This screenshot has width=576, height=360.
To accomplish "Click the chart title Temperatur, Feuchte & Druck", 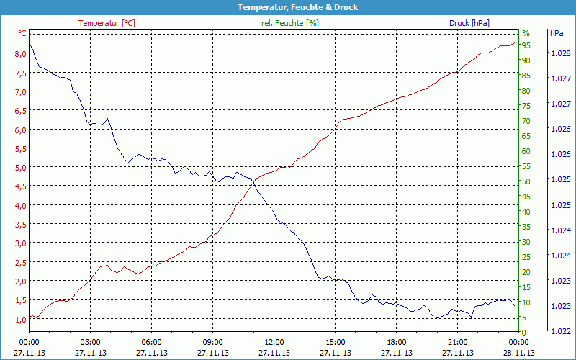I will [287, 7].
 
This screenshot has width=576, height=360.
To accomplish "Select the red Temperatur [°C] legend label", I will [107, 23].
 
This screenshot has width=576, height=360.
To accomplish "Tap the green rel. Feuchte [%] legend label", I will [289, 23].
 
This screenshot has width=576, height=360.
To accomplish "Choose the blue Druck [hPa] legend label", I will [469, 23].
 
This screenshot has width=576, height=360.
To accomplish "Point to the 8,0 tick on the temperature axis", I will [21, 54].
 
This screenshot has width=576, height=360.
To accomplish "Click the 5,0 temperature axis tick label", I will [21, 167].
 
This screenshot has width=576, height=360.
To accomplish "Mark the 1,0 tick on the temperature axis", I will [21, 318].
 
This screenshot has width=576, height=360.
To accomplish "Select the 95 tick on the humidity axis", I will [526, 45].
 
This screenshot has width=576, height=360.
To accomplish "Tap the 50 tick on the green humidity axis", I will [526, 181].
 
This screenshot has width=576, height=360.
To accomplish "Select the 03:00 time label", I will [90, 342].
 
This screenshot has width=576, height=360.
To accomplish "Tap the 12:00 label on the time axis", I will [274, 342].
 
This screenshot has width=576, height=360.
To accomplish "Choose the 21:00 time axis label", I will [458, 342].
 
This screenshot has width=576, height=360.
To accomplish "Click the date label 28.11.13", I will [519, 353].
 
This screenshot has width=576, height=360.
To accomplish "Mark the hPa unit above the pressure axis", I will [557, 33].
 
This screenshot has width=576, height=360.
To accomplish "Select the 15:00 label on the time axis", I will [336, 342].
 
